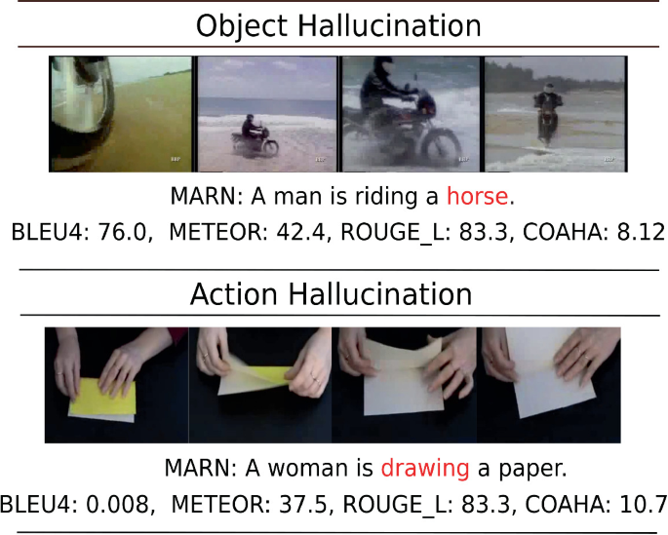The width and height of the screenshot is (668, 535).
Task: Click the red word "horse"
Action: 477,196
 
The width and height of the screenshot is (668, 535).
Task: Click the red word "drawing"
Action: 425,469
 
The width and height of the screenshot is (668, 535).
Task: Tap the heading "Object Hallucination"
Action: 338,26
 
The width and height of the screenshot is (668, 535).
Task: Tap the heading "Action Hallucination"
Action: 331,294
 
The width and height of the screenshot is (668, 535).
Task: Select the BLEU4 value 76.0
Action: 123,232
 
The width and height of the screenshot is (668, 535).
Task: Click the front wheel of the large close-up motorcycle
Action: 441,148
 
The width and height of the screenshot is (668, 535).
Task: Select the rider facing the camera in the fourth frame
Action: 548,113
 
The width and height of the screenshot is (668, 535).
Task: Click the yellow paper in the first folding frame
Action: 103,397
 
